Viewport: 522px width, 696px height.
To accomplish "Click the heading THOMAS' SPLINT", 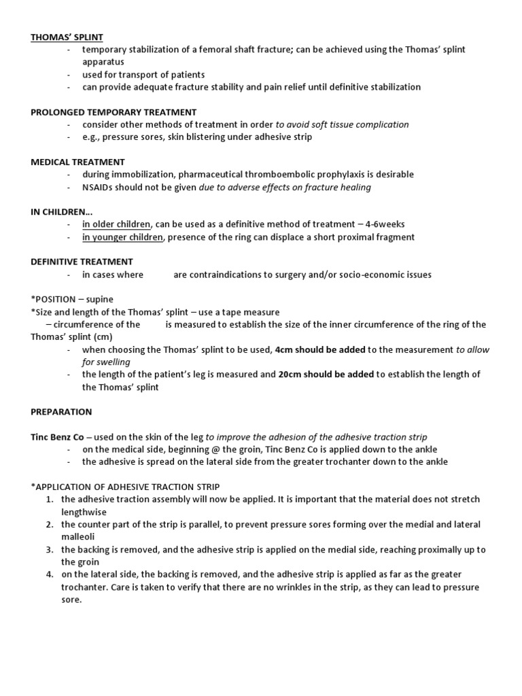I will pyautogui.click(x=67, y=37).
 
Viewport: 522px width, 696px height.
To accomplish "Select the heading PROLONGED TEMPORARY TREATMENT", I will pyautogui.click(x=114, y=112).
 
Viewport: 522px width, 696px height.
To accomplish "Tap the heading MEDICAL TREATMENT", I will pyautogui.click(x=77, y=162).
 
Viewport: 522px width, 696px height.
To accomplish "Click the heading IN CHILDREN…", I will pyautogui.click(x=61, y=211).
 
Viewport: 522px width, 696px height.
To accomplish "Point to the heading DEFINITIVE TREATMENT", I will pyautogui.click(x=82, y=262).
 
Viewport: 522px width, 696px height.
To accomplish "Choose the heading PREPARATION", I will pyautogui.click(x=61, y=412).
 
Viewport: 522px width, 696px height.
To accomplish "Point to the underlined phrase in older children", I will pyautogui.click(x=116, y=224).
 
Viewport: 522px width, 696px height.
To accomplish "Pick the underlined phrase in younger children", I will pyautogui.click(x=122, y=237).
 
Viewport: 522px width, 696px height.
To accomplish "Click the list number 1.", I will pyautogui.click(x=50, y=500).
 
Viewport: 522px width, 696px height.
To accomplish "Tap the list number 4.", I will pyautogui.click(x=50, y=575).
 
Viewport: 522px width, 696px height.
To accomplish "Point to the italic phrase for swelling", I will pyautogui.click(x=106, y=362).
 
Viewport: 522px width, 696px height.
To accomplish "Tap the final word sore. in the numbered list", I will pyautogui.click(x=71, y=599).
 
